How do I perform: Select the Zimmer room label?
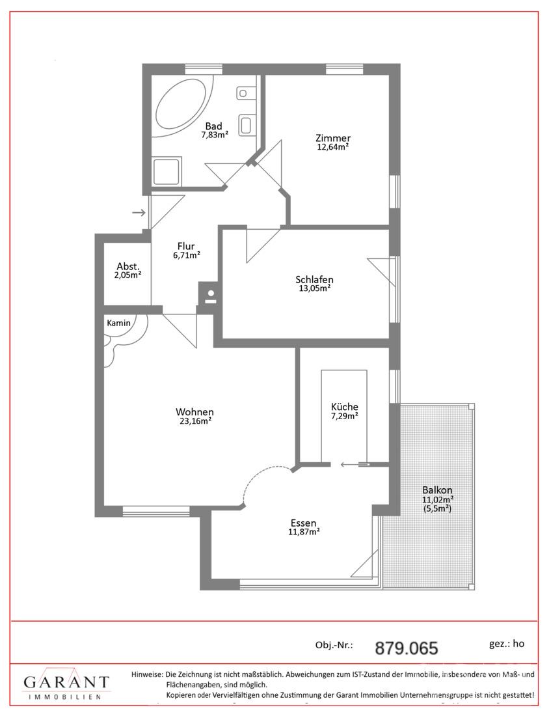(x=333, y=138)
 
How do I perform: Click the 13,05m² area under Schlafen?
(x=314, y=288)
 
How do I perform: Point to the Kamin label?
(x=118, y=323)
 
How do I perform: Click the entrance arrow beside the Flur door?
(x=139, y=212)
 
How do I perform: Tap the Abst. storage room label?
(x=127, y=266)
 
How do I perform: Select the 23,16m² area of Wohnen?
(x=195, y=421)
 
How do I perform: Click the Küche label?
(x=345, y=406)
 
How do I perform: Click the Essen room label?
(x=304, y=523)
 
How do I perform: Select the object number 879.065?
(x=406, y=648)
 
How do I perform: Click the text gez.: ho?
(x=506, y=644)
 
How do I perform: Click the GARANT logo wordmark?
(x=66, y=683)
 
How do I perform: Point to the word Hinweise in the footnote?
(x=146, y=674)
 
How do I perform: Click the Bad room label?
(x=213, y=126)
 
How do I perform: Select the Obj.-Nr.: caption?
(x=334, y=645)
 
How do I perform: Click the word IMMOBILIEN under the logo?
(x=64, y=697)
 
